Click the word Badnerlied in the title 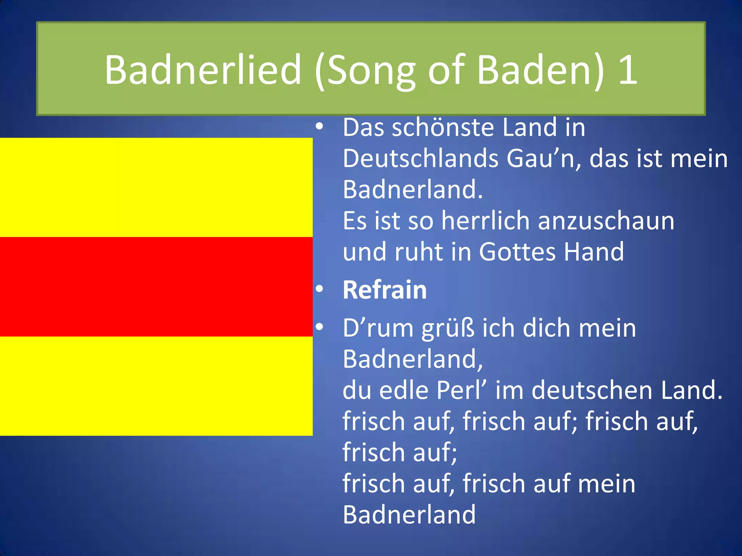coord(203,69)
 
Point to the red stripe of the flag coord(156,287)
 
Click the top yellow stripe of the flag coord(156,187)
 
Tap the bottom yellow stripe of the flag coord(156,386)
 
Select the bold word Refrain coord(385,290)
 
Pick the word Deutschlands coord(421,159)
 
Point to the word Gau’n coord(543,159)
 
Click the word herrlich coord(486,221)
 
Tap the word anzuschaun coord(606,221)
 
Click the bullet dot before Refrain coord(319,289)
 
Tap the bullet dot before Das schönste coord(319,127)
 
